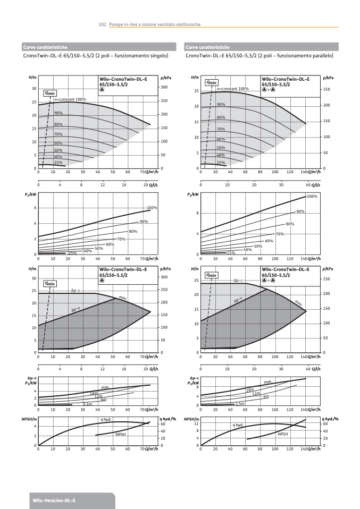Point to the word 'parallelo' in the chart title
pos(321,55)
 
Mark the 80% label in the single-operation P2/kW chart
pos(133,231)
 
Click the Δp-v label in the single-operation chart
pos(76,310)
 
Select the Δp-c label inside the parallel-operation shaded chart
pos(238,280)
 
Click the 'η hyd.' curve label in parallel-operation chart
pos(238,425)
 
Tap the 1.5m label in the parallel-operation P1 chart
pos(240,404)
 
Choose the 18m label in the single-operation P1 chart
pos(94,393)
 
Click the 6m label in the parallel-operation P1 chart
pos(266,397)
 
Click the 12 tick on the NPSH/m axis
pos(196,423)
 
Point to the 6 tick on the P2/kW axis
pos(35,208)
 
